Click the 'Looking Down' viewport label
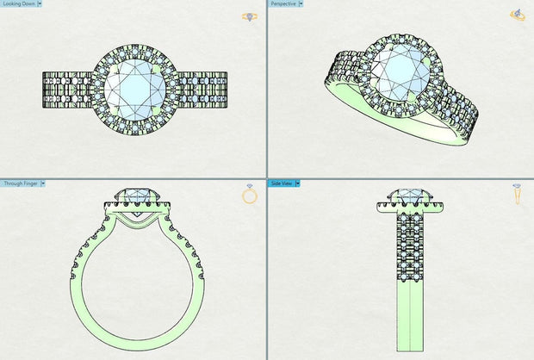(x=17, y=4)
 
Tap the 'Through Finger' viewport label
(x=20, y=183)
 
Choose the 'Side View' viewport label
(x=282, y=183)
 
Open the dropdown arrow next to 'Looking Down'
(x=39, y=4)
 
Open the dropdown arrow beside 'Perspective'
(x=301, y=4)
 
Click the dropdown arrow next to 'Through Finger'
(x=43, y=183)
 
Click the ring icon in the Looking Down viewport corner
(x=251, y=16)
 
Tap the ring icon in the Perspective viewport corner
(x=518, y=15)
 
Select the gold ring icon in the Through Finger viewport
(x=250, y=196)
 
